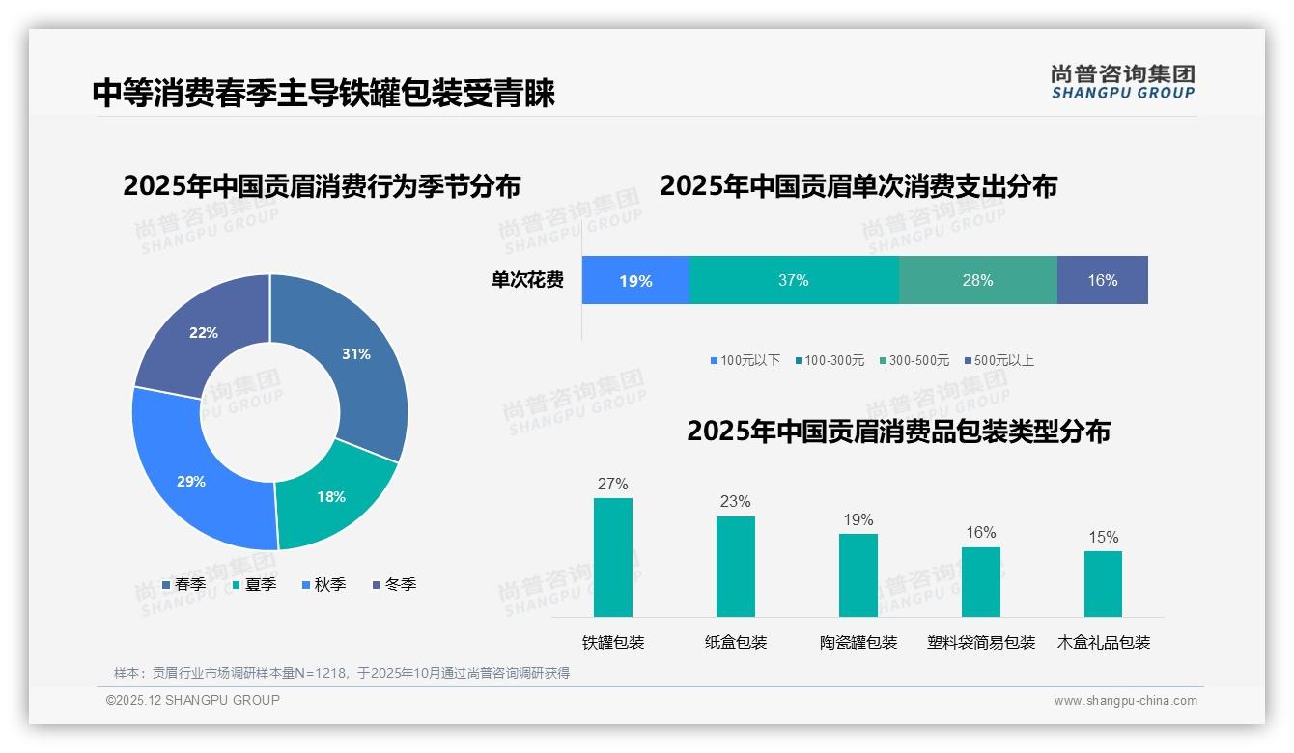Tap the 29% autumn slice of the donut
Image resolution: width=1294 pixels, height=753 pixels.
coord(192,480)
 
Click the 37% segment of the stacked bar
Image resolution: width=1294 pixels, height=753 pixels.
coord(793,281)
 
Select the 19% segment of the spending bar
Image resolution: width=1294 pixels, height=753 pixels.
coord(635,281)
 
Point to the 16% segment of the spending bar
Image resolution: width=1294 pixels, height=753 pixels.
coord(1102,281)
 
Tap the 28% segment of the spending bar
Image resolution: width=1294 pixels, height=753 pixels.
coord(977,281)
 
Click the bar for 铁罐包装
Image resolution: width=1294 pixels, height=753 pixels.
coord(613,557)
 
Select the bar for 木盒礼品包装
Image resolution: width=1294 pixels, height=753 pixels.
coord(1103,583)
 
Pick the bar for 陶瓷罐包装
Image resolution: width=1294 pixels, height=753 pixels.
coord(858,574)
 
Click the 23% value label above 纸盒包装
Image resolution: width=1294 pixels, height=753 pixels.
coord(735,502)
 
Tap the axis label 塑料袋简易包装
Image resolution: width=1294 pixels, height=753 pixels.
coord(981,643)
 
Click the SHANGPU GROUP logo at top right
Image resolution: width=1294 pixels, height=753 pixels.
coord(1122,82)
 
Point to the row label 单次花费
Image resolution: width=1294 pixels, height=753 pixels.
coord(527,281)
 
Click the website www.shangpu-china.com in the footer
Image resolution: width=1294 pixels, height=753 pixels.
coord(1125,701)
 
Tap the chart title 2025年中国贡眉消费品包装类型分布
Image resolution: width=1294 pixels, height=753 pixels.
coord(898,432)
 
